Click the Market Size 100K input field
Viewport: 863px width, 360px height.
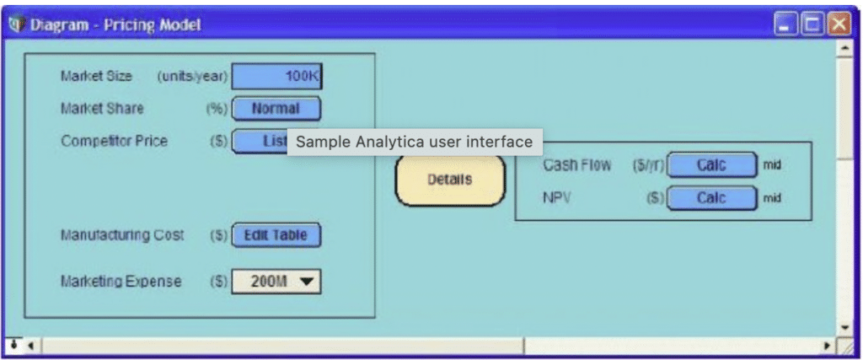[276, 77]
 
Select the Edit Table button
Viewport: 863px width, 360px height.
[276, 235]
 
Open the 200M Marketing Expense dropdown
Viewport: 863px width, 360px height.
[276, 282]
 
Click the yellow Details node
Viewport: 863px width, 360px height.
[450, 180]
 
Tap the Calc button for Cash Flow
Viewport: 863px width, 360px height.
[711, 166]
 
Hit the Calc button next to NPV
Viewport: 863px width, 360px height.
[711, 198]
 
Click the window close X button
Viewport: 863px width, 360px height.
[839, 25]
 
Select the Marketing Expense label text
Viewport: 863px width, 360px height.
[121, 282]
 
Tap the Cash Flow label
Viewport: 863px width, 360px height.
[577, 166]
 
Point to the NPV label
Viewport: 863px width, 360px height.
[558, 198]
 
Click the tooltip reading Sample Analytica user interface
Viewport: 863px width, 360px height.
[415, 142]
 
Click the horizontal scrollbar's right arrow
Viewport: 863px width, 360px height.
[828, 346]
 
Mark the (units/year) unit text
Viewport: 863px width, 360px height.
[193, 77]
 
